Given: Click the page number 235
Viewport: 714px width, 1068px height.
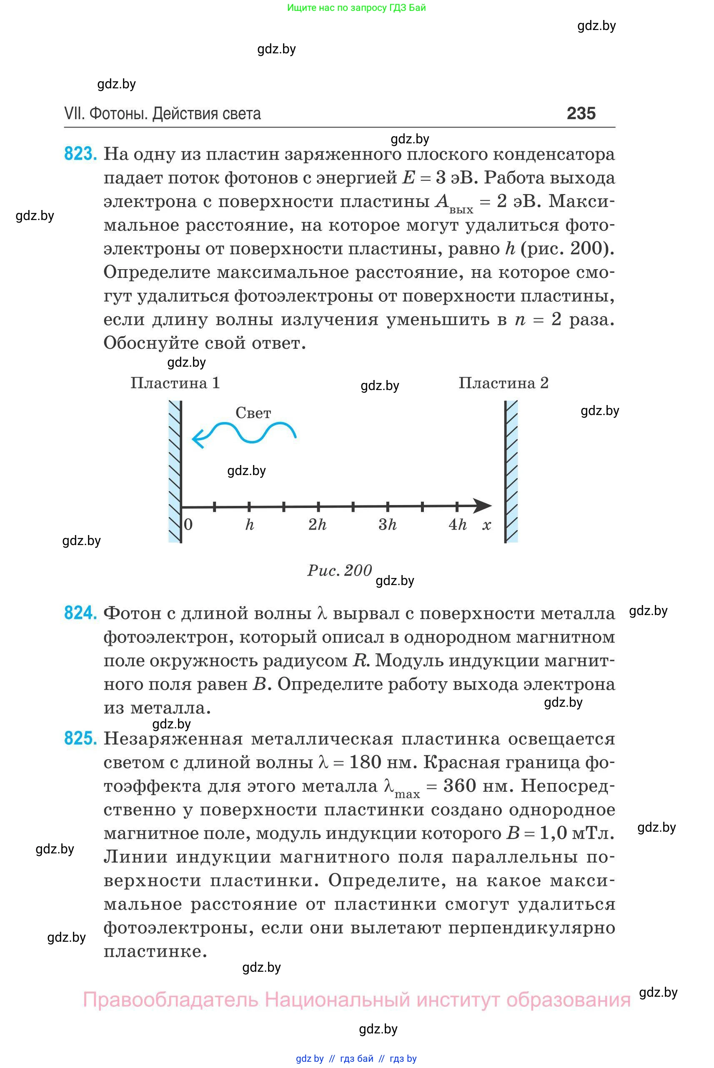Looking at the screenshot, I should (x=581, y=113).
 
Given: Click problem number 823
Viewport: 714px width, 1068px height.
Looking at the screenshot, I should (x=80, y=154).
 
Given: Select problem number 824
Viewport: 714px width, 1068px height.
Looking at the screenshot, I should (x=80, y=613).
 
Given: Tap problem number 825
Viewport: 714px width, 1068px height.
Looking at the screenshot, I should (x=80, y=738).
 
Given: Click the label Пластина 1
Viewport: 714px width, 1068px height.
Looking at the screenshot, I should (x=175, y=383).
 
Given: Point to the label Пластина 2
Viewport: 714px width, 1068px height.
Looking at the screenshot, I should (x=503, y=383).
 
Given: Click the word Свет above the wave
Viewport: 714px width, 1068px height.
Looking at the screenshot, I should (x=253, y=413).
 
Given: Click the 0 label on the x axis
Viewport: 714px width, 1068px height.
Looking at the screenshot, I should (x=188, y=525).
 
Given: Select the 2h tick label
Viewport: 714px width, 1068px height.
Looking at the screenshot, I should (x=317, y=525).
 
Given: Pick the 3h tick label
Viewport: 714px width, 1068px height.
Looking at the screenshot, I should (x=388, y=525).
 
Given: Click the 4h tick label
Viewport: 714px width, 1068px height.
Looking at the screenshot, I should (x=458, y=525).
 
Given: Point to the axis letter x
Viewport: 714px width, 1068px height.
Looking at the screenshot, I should (x=487, y=525).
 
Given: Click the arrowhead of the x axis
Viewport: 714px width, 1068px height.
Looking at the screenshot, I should (x=484, y=505).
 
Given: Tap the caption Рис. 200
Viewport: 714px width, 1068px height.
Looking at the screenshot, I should (x=340, y=570).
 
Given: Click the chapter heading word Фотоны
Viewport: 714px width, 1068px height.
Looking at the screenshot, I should (x=118, y=113).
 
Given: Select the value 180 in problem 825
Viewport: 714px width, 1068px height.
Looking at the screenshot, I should (x=365, y=762).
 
